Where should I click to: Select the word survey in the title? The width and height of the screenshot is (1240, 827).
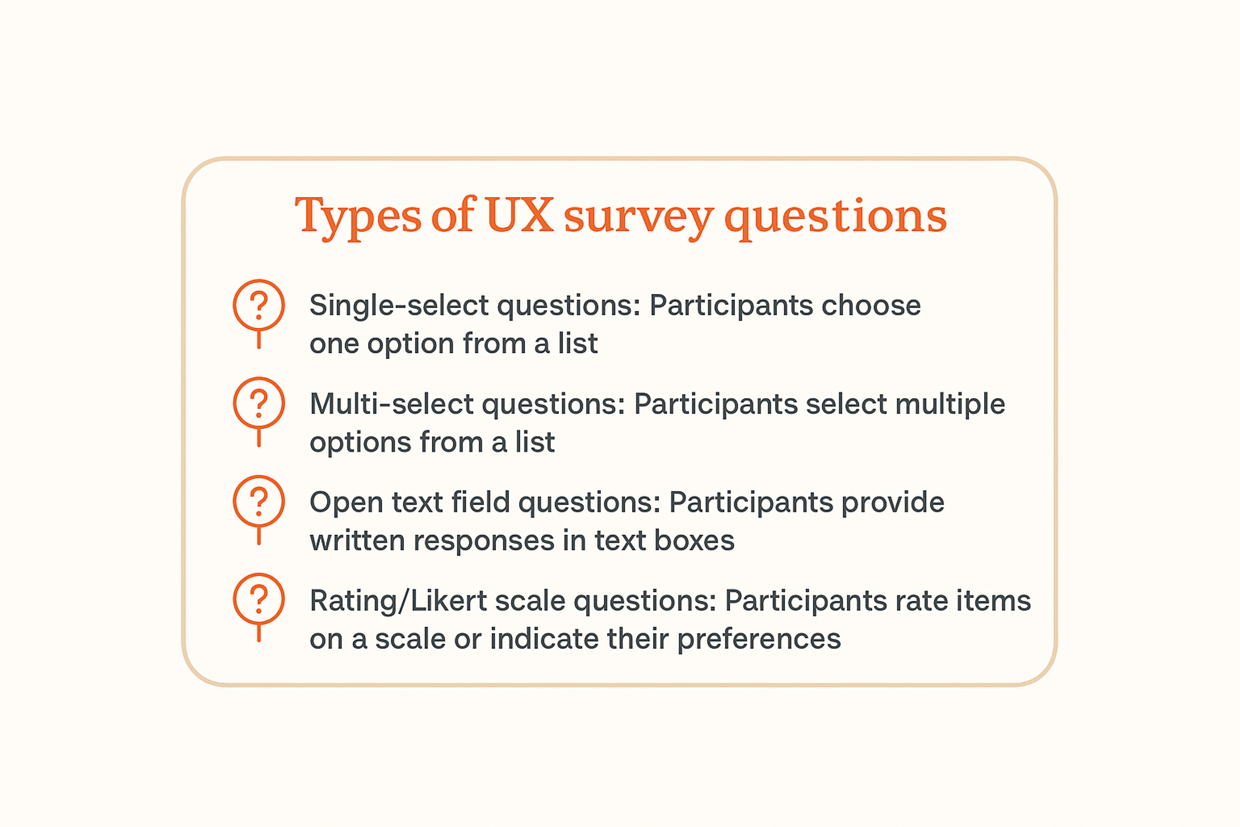click(638, 217)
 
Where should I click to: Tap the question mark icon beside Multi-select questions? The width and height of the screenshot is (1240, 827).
click(259, 403)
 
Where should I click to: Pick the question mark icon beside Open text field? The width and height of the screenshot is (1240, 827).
click(259, 502)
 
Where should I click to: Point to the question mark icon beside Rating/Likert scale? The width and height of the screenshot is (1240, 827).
click(259, 599)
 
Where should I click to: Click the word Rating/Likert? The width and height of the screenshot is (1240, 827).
click(398, 601)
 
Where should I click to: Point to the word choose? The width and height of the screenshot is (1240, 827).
click(871, 305)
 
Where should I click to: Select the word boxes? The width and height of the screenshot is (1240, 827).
click(694, 540)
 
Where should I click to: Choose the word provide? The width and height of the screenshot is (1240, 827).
click(893, 502)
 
